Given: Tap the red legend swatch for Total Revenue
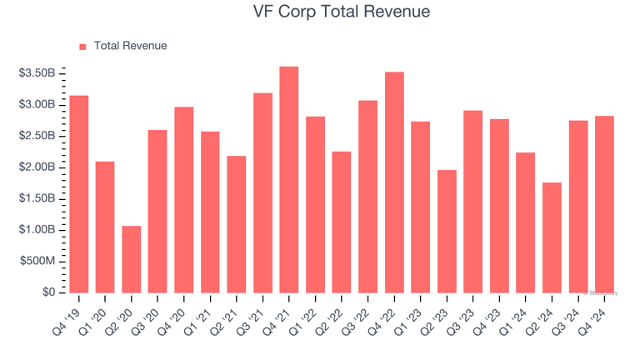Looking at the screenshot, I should click(82, 47).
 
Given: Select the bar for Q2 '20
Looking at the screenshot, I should click(131, 259).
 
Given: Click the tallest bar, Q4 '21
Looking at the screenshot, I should click(289, 179).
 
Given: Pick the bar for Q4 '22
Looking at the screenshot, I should click(394, 182).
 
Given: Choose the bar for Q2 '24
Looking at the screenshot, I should click(552, 237).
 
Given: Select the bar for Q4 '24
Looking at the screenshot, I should click(605, 204).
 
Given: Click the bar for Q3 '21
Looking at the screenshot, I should click(262, 192).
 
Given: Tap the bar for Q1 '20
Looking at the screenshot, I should click(105, 227).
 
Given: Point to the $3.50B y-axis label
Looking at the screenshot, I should click(37, 73).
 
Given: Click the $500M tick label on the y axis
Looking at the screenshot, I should click(38, 262).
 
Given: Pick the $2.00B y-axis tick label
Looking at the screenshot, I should click(37, 167).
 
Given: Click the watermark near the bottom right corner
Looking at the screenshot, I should click(603, 292).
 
